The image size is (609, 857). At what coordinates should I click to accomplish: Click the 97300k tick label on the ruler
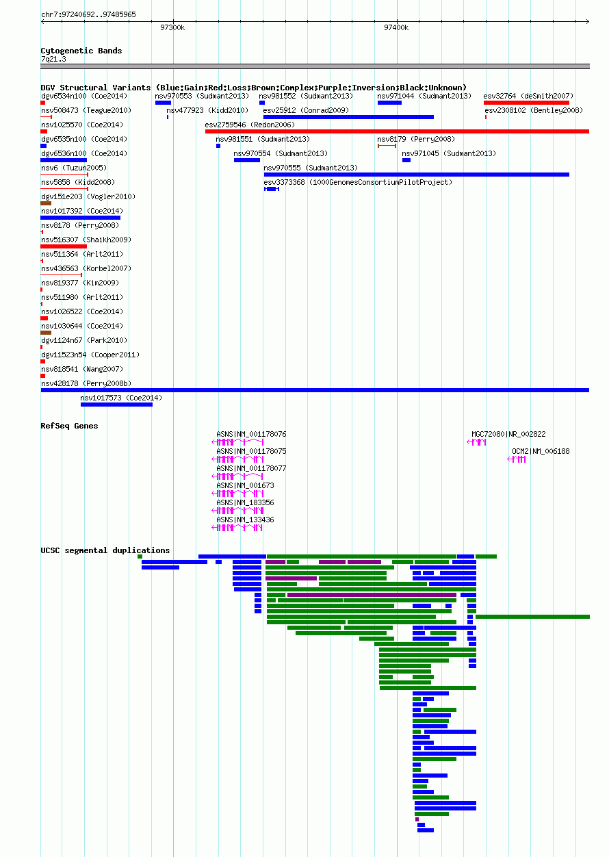(172, 27)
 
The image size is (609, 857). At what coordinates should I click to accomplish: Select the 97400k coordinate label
(396, 27)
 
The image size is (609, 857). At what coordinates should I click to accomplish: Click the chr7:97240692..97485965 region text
(88, 14)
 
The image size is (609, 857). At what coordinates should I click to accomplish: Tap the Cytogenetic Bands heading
(81, 51)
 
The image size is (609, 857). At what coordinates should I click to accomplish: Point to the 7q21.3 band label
(53, 59)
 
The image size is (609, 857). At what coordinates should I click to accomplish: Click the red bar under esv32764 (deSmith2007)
(526, 103)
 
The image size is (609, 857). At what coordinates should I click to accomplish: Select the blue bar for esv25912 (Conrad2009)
(348, 117)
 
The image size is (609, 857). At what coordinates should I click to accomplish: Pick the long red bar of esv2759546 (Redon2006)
(397, 131)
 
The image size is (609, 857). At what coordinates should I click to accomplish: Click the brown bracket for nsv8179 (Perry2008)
(387, 146)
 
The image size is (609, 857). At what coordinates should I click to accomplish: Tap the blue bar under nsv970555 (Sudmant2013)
(417, 175)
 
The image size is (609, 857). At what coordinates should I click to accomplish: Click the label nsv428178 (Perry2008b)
(86, 383)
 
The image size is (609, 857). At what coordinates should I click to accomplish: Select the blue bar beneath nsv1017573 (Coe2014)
(117, 405)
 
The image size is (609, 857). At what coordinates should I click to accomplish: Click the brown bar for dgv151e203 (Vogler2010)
(46, 203)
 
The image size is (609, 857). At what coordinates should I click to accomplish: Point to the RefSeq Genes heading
(69, 426)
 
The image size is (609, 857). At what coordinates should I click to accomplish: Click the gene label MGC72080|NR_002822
(508, 434)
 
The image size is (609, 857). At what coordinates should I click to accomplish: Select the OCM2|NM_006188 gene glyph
(517, 459)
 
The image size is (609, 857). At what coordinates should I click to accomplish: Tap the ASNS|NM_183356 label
(245, 502)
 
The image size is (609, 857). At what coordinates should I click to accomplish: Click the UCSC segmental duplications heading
(105, 550)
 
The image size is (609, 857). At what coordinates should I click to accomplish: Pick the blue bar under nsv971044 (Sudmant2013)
(389, 103)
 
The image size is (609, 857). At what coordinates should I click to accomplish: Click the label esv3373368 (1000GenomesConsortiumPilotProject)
(358, 182)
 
